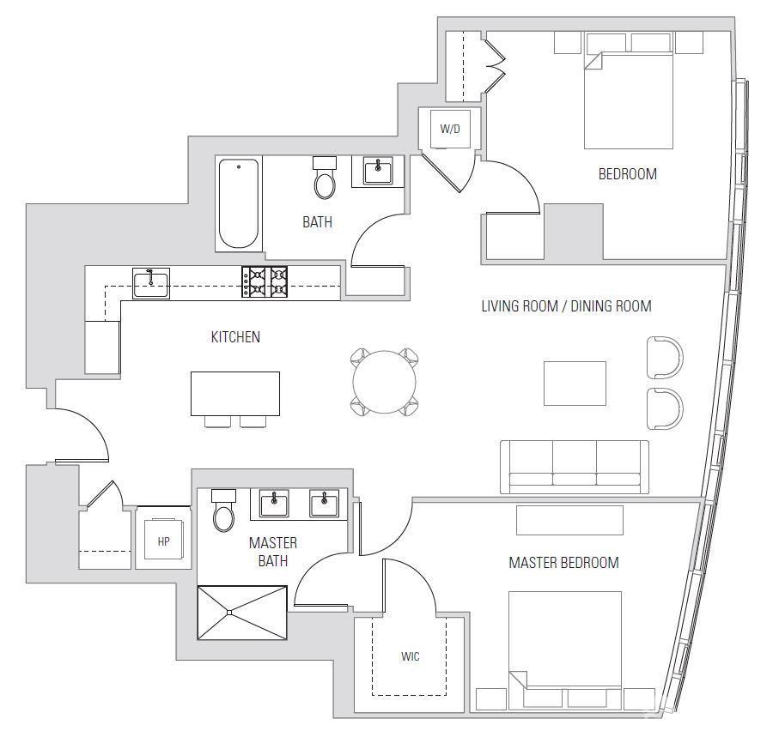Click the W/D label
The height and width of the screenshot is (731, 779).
pos(450,130)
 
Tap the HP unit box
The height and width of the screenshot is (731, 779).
pos(163,541)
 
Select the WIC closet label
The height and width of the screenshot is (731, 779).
pos(411,657)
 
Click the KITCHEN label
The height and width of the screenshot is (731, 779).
pos(235,337)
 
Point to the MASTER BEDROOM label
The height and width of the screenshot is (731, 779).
pos(563,563)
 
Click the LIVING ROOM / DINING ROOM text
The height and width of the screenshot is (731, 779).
pos(566,305)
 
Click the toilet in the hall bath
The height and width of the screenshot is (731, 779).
pos(325,179)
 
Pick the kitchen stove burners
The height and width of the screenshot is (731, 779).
pos(265,282)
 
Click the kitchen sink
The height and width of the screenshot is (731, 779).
pos(151,282)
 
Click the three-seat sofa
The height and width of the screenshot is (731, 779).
pos(575,467)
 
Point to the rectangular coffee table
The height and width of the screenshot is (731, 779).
pos(575,383)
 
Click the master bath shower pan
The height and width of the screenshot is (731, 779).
pos(242,612)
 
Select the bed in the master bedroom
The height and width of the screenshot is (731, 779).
pos(564,639)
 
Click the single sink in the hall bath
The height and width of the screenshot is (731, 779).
pos(377,172)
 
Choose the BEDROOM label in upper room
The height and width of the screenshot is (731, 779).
pos(627,174)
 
